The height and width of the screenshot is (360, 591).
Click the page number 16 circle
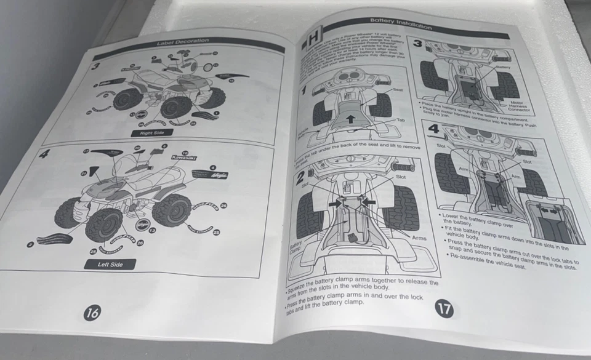(93, 312)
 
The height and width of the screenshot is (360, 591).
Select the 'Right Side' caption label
(151, 132)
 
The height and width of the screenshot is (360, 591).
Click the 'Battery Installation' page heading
(400, 23)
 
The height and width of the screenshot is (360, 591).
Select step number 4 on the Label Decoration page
(42, 154)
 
